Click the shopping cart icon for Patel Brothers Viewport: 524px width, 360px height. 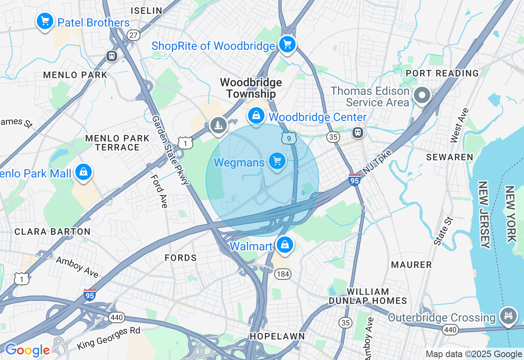coord(45,20)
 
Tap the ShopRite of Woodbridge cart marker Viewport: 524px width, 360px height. coord(287,44)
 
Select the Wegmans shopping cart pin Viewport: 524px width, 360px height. coord(277,161)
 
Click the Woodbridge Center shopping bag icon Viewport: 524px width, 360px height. coord(256,116)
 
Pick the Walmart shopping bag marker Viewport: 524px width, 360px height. coord(285,245)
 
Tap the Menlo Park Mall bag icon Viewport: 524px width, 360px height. coord(84,172)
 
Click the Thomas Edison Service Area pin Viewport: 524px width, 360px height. coord(422,96)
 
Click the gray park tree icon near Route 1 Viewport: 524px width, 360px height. coord(218,125)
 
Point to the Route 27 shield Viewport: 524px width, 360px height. coord(133,35)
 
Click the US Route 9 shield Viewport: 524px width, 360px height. coord(289,138)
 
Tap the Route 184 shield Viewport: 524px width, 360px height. coord(282,274)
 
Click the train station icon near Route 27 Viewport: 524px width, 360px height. coord(111,56)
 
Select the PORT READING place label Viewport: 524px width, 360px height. coord(442,73)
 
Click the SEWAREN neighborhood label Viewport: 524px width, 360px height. coord(449,157)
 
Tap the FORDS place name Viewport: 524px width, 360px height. coord(181,258)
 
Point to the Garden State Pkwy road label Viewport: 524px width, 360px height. coord(170,150)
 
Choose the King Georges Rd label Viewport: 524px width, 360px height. coord(108,338)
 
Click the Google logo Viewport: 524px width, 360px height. coord(27,350)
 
